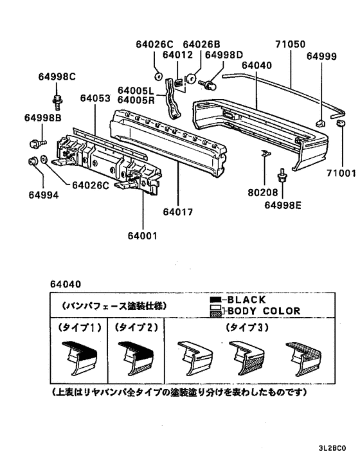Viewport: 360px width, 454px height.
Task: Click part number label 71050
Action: tap(290, 44)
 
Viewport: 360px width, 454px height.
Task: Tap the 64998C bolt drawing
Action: tap(57, 102)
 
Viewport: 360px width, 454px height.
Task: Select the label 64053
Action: tap(95, 98)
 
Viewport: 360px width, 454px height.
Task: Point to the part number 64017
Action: tap(177, 212)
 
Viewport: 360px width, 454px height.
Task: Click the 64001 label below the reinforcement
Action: tap(142, 236)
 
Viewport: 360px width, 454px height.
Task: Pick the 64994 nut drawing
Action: tap(32, 161)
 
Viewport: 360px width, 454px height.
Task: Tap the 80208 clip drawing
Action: tap(265, 153)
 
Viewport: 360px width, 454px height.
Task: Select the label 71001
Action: tap(341, 173)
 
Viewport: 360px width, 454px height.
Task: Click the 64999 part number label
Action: tap(321, 56)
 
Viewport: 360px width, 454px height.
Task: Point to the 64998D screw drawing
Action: tap(208, 85)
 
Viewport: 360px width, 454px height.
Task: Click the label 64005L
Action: tap(136, 91)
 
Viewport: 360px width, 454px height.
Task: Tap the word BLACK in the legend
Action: tap(247, 300)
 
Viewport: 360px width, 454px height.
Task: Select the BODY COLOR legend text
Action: tap(264, 311)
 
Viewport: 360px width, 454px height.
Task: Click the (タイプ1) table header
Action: tap(80, 327)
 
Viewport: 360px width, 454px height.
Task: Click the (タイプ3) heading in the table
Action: tap(247, 327)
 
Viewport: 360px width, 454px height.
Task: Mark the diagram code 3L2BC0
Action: tap(332, 448)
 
